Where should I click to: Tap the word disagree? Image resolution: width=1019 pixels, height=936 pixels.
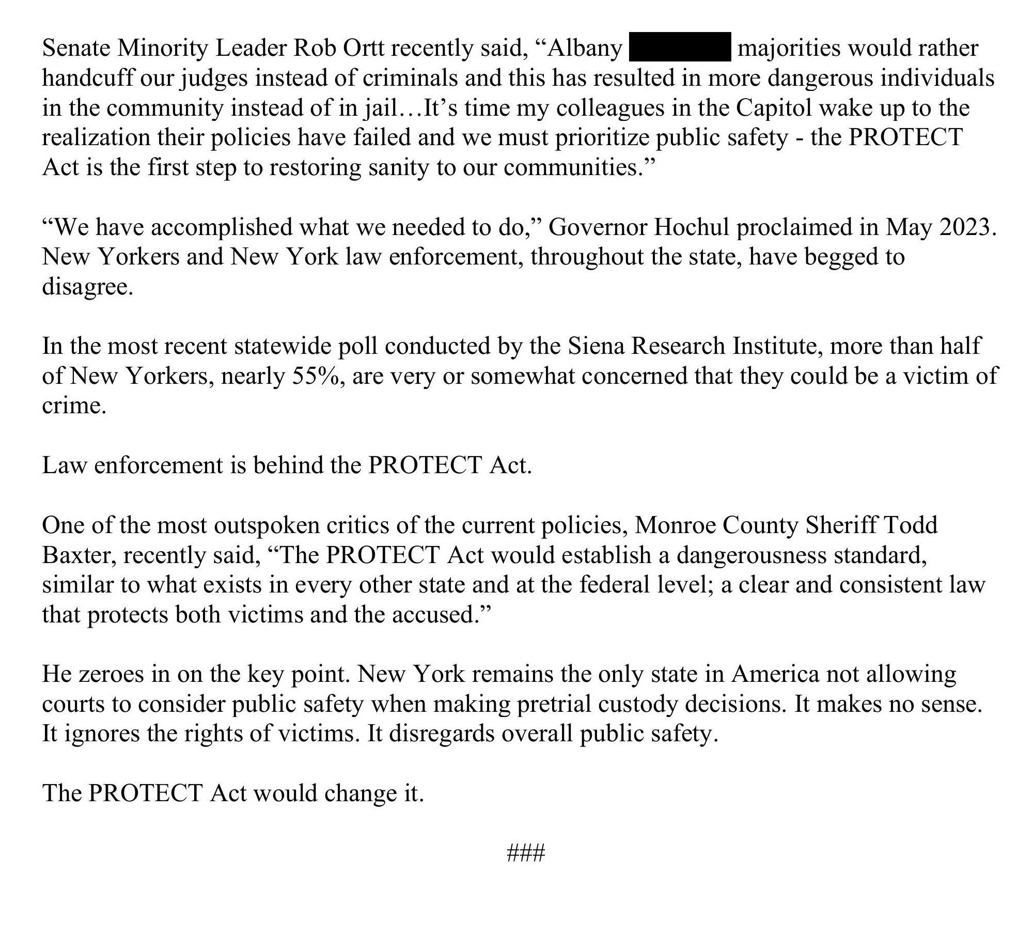click(x=87, y=287)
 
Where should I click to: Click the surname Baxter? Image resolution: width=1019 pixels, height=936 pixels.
click(x=79, y=555)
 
